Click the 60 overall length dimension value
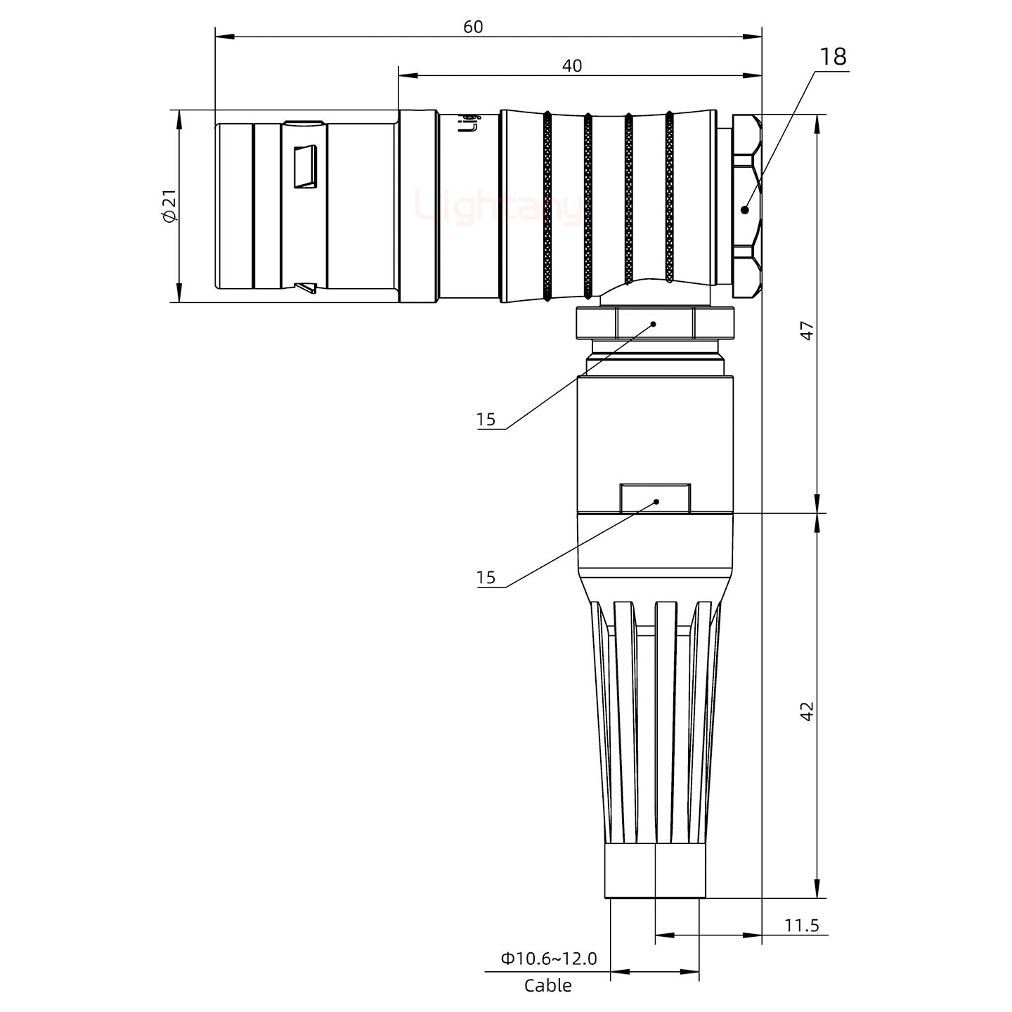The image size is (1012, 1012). (473, 27)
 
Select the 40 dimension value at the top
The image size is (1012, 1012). (572, 65)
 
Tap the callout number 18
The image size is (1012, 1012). (833, 57)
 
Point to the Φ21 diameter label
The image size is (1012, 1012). (169, 207)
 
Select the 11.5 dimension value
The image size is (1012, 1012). (801, 925)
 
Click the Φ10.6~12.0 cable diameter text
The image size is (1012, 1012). (548, 958)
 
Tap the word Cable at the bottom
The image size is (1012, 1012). (547, 986)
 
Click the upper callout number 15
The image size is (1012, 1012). (486, 420)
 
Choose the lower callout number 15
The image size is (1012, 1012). (486, 578)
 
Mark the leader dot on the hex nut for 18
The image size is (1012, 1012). (745, 209)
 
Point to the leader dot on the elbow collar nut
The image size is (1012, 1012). (654, 324)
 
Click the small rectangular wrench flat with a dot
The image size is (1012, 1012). (655, 498)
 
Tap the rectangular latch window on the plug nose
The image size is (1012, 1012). (305, 167)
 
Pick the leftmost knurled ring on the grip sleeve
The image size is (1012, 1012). (547, 207)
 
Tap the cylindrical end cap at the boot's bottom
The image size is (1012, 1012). (654, 871)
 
